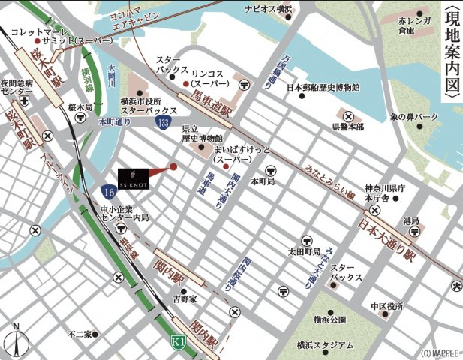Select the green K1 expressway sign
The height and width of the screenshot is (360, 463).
pyautogui.click(x=176, y=341)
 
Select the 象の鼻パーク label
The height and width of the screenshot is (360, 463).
pyautogui.click(x=413, y=117)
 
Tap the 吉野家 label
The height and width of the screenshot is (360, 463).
pyautogui.click(x=184, y=298)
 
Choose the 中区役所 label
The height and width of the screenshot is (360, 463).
pyautogui.click(x=386, y=307)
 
